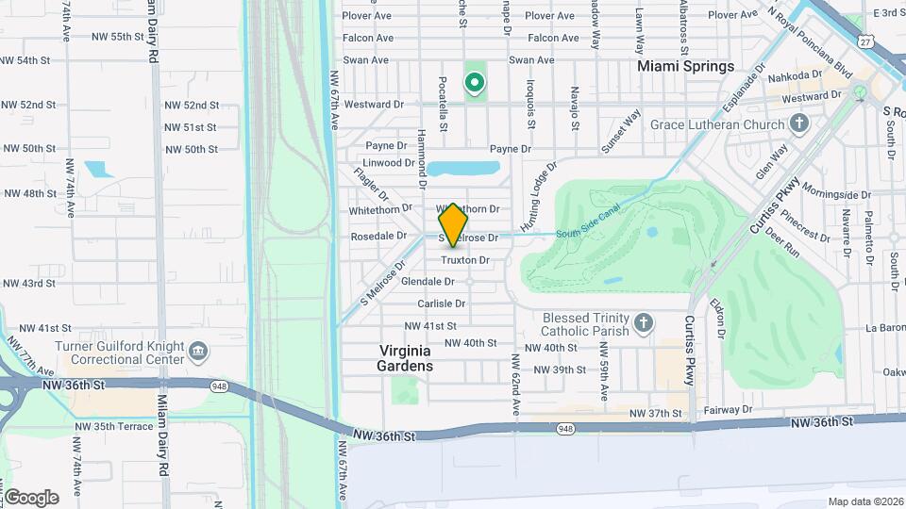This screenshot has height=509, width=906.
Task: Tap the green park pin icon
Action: [474, 83]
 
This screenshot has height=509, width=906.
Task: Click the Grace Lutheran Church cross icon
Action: [799, 124]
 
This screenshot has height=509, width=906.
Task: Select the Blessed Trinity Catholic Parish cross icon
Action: [644, 324]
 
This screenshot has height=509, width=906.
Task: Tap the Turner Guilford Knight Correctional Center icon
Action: [198, 353]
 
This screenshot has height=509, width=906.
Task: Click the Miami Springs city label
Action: [685, 67]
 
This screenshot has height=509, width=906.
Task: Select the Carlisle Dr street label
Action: [443, 304]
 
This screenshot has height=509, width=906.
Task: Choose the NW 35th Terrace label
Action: [118, 426]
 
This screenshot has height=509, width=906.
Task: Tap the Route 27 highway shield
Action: [865, 41]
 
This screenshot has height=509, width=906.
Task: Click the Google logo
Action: [30, 498]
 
